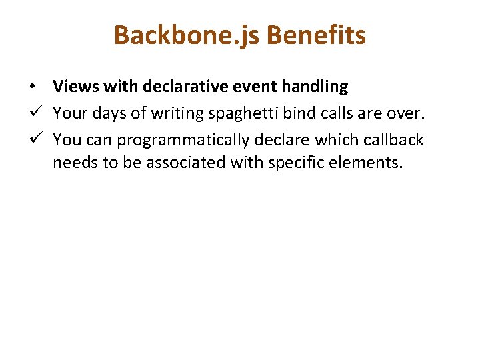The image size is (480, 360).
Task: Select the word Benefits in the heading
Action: (x=315, y=35)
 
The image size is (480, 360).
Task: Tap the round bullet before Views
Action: (x=32, y=87)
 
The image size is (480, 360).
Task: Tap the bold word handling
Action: (x=317, y=87)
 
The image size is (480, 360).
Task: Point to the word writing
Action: (x=175, y=113)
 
